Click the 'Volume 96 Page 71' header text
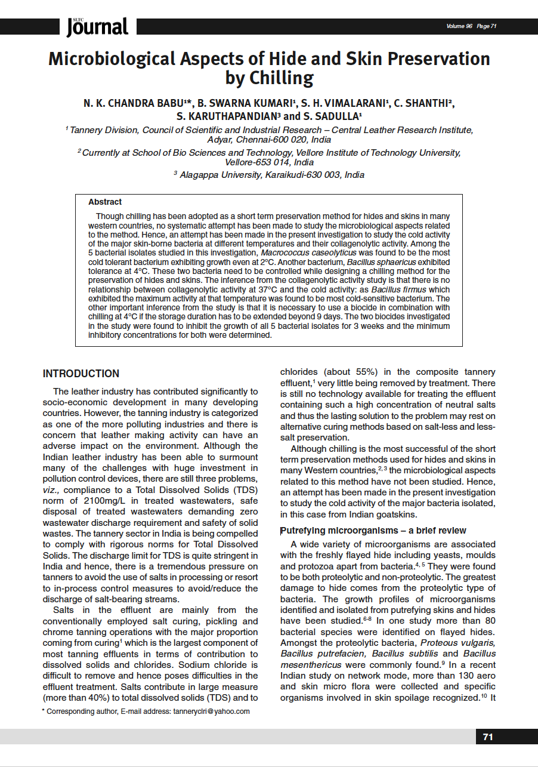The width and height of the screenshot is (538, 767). (x=471, y=26)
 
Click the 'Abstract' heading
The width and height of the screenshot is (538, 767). (x=105, y=202)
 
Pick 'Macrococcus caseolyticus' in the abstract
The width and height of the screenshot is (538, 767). (x=304, y=253)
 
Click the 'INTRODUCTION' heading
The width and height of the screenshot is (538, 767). (x=81, y=374)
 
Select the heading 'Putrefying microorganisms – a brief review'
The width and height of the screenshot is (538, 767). (x=373, y=531)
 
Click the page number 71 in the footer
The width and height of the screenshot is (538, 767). (x=488, y=737)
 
